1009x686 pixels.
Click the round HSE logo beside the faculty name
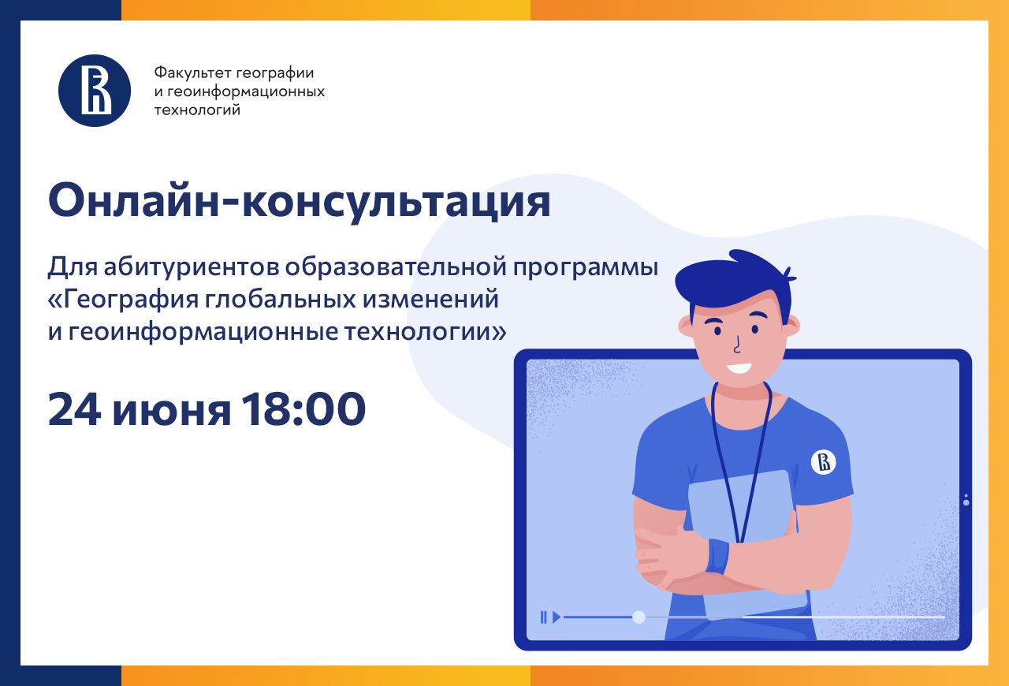point(95,91)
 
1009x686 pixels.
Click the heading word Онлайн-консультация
point(299,201)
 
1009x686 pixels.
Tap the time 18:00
point(303,408)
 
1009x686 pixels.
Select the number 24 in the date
point(74,408)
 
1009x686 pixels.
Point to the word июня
point(172,413)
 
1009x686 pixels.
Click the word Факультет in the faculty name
point(193,73)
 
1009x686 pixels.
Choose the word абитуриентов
point(191,267)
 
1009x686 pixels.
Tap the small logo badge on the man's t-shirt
point(824,462)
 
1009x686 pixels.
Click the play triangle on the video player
point(557,617)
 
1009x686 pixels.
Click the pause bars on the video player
point(544,617)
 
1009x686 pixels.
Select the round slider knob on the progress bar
point(639,617)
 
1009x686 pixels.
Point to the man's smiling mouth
point(739,368)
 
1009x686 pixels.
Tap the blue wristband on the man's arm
point(717,556)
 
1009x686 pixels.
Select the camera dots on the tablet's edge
point(966,500)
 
